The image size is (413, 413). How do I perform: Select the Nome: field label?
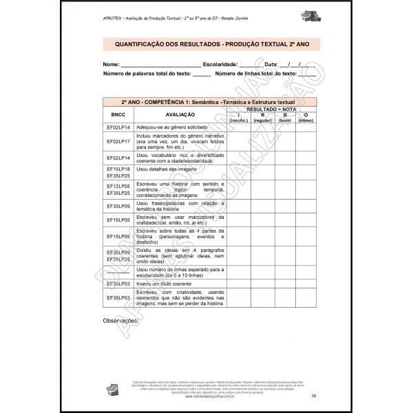(x=112, y=64)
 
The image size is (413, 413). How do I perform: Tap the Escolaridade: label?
(x=216, y=64)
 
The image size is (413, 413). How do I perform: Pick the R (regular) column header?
(x=263, y=118)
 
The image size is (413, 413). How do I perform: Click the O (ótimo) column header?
(x=306, y=118)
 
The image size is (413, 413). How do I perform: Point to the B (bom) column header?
(x=285, y=118)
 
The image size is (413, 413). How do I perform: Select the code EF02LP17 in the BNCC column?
(x=118, y=141)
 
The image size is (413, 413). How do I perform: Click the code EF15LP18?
(x=118, y=169)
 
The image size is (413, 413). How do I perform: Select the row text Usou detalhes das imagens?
(x=167, y=169)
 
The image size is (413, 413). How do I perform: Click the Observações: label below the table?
(x=120, y=321)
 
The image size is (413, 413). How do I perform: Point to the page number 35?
(x=313, y=395)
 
